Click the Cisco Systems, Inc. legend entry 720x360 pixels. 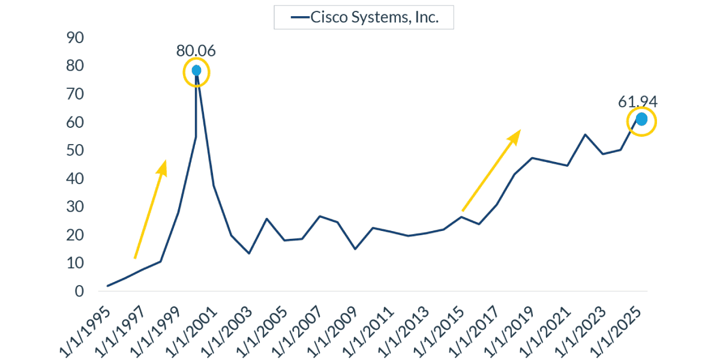(364, 17)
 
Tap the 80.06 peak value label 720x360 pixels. (196, 50)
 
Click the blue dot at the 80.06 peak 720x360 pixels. (196, 71)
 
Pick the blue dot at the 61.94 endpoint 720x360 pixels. (641, 119)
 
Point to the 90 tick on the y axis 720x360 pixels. (76, 38)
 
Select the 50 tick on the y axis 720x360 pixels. (76, 151)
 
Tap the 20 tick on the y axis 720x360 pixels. (76, 235)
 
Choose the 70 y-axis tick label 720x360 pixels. (76, 94)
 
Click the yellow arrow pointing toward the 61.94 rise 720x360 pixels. (490, 170)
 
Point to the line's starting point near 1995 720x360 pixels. (108, 286)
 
